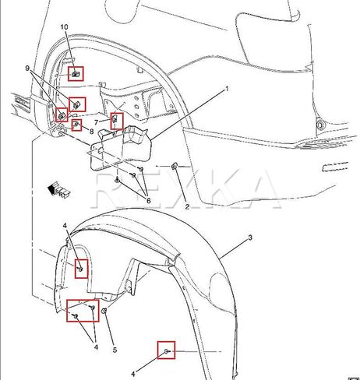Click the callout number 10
pos(64,27)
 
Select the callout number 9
pos(27,69)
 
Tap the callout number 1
pos(227,89)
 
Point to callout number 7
pos(97,122)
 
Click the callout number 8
pos(91,132)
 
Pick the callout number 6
pos(148,200)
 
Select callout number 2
pos(187,206)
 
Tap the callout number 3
pos(250,237)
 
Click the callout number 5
pos(115,350)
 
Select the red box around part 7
pos(111,121)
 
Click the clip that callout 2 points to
pos(174,166)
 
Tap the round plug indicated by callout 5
pos(104,310)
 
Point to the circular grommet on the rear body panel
pos(321,125)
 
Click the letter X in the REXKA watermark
pos(185,190)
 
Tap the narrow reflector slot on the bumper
pos(335,167)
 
